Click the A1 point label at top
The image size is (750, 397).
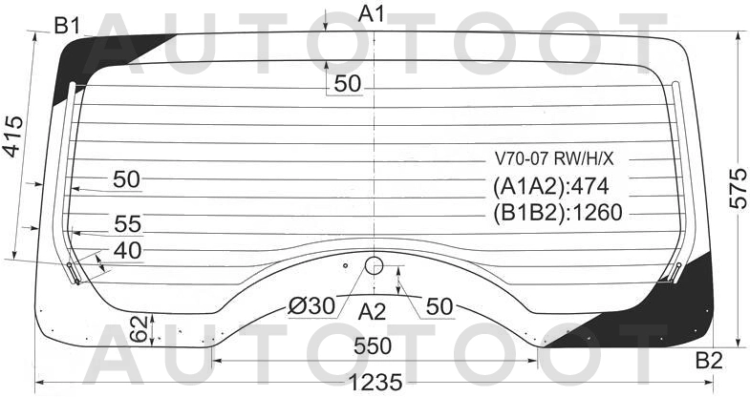pyautogui.click(x=371, y=14)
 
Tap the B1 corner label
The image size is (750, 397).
pyautogui.click(x=68, y=26)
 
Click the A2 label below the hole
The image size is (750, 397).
pyautogui.click(x=372, y=312)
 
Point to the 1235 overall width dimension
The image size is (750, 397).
pyautogui.click(x=375, y=382)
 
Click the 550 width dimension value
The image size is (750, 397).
pyautogui.click(x=373, y=346)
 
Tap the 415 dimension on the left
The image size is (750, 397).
pyautogui.click(x=13, y=136)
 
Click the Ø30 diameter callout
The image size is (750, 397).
pyautogui.click(x=311, y=305)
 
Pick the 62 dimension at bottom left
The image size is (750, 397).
pyautogui.click(x=139, y=329)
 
